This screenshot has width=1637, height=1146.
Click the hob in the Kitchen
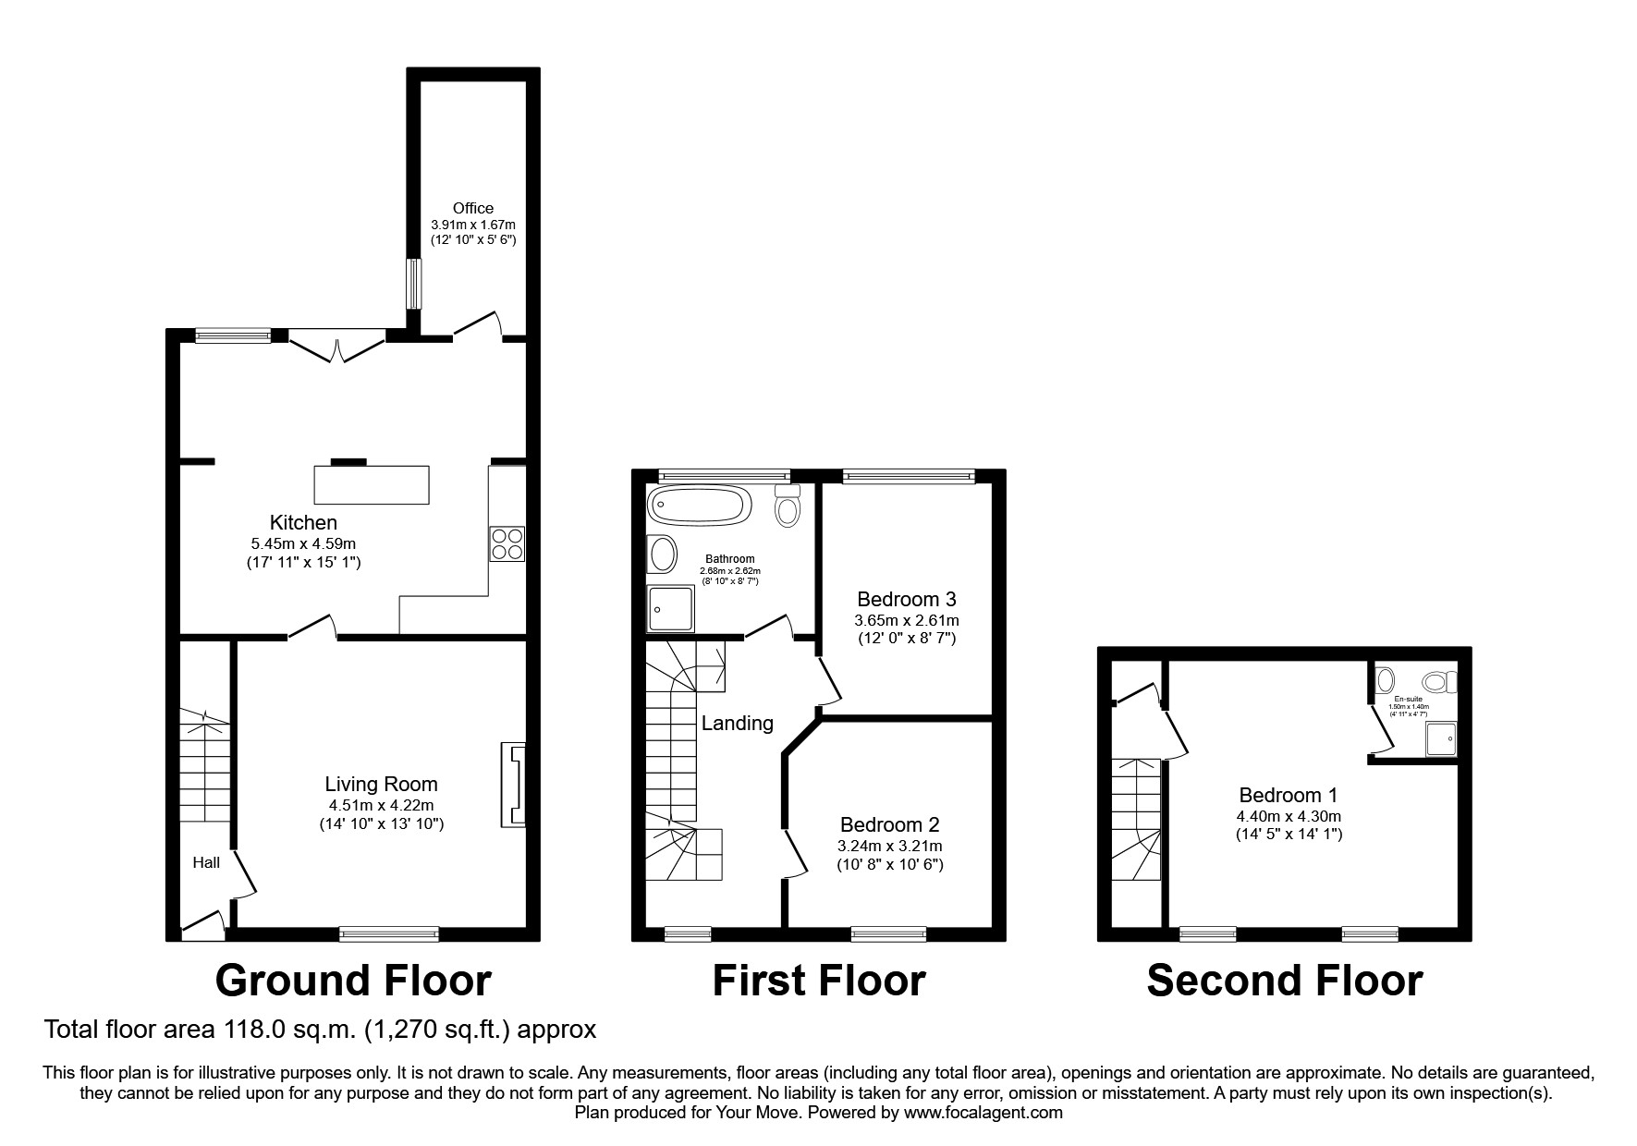coord(507,543)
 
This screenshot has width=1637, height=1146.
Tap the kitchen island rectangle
coord(372,484)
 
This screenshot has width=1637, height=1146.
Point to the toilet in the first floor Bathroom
coord(788,507)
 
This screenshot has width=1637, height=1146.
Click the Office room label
coord(472,208)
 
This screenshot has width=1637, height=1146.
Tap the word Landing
coord(737,723)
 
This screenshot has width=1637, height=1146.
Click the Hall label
coord(206,862)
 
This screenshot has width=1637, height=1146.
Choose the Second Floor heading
coord(1284,981)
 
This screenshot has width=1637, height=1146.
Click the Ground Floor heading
coord(353,981)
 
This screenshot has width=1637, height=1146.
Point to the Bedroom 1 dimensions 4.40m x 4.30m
coord(1288,816)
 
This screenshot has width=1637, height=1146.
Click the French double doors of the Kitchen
coord(337,347)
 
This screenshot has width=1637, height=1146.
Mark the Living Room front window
coord(388,933)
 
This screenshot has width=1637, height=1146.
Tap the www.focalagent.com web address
coord(983,1113)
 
